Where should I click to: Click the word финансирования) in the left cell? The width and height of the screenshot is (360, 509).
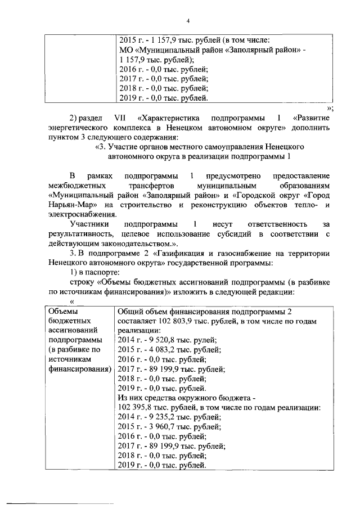[x=78, y=369]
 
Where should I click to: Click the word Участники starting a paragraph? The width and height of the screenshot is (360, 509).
[x=89, y=224]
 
